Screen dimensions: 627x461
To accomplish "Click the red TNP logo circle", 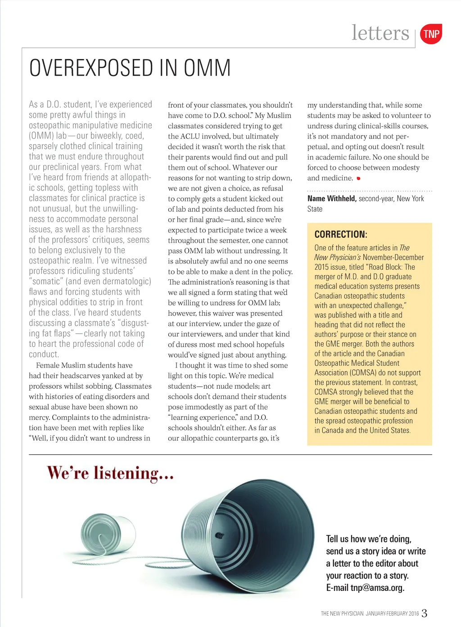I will pos(431,34).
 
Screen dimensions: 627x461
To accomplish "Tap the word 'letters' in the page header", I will pos(380,33).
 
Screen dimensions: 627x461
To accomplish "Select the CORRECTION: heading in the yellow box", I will pos(341,234).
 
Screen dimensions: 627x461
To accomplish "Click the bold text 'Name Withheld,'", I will pos(332,199).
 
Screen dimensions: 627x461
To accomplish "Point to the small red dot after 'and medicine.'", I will pos(358,178).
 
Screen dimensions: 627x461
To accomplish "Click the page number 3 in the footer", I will pos(424,613).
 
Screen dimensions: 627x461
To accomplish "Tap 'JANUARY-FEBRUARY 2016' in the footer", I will pos(392,613).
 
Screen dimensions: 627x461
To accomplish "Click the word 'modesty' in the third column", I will pos(403,168).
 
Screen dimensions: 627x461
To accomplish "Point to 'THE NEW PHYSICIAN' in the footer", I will pos(342,613).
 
